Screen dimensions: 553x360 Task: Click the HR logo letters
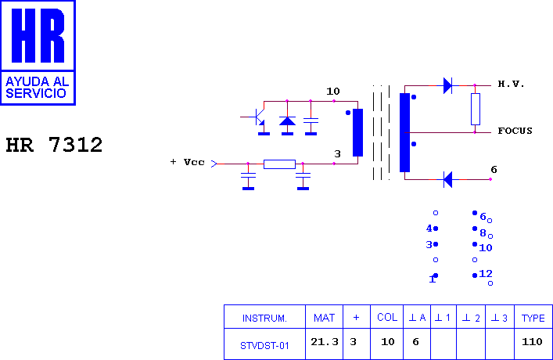38,35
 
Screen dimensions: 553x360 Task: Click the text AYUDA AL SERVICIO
37,87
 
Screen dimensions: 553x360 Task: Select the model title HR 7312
54,145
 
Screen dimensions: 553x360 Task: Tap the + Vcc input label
187,162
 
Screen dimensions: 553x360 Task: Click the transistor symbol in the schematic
260,117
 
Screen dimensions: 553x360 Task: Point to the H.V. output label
511,84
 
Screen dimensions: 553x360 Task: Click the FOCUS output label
515,131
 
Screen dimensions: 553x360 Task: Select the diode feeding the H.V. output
447,85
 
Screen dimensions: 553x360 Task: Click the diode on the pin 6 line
447,179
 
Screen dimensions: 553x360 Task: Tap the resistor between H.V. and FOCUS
475,109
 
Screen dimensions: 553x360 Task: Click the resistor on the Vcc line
279,164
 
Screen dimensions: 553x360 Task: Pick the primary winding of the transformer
357,132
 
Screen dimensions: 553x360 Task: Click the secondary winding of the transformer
404,132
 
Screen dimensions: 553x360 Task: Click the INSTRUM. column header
264,318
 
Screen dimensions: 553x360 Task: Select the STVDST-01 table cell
264,346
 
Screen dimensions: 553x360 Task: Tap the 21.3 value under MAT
325,342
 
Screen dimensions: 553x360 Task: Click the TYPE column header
533,318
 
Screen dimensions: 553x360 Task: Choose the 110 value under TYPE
532,342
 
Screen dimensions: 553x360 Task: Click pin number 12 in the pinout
486,274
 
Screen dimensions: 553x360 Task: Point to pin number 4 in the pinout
429,229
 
